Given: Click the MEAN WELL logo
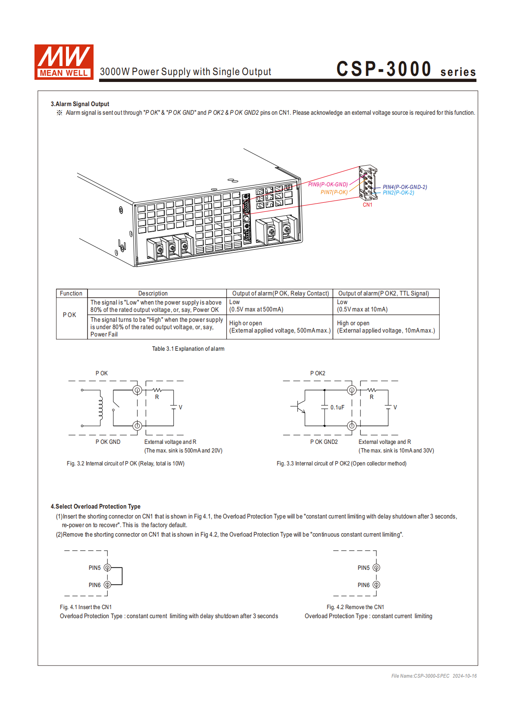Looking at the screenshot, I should pos(64,62).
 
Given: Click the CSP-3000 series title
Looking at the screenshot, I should pos(406,69).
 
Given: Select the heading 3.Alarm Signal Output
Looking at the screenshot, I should pos(80,104).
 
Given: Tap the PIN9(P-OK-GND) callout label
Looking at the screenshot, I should pos(328,185).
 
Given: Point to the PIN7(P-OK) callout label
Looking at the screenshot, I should pos(334,192).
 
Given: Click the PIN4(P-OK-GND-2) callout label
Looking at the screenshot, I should pos(405,187).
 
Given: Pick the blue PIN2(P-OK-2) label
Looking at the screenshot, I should pos(398,193).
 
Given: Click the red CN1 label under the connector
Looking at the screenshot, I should pos(367,205).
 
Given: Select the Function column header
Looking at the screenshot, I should pos(71,293).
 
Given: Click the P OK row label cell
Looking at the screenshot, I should pos(69,315).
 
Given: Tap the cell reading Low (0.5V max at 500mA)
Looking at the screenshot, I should pos(256,306).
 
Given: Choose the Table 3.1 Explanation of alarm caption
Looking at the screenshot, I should pos(188,349).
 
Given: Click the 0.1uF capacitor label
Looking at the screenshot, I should pos(337,407).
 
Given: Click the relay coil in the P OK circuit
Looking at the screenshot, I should pos(100,408).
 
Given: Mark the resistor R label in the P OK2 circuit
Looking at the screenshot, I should pos(372,397).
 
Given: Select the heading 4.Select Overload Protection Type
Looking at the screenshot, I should pos(95,506).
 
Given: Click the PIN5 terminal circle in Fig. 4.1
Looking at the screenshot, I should pos(107,568).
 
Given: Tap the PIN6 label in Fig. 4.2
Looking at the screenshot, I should pos(363,585).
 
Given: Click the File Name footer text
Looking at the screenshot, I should pos(434,676).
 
